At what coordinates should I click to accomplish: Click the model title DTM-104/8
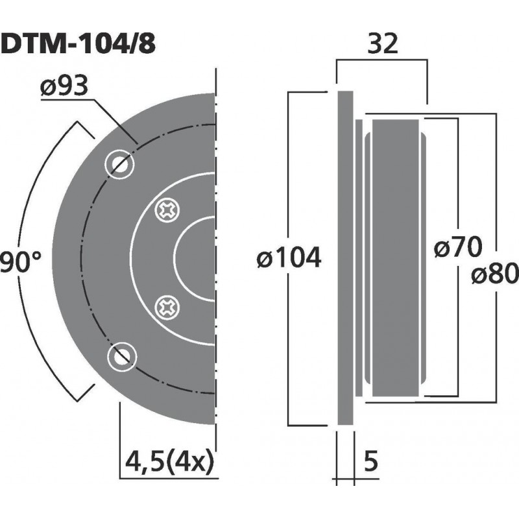click(x=78, y=45)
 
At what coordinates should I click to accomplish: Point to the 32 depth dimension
click(x=382, y=45)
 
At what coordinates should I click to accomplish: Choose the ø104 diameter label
click(x=289, y=259)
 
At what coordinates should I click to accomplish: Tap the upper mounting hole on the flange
click(x=119, y=163)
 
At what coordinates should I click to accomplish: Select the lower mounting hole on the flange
click(x=121, y=356)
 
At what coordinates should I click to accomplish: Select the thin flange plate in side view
click(x=345, y=259)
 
